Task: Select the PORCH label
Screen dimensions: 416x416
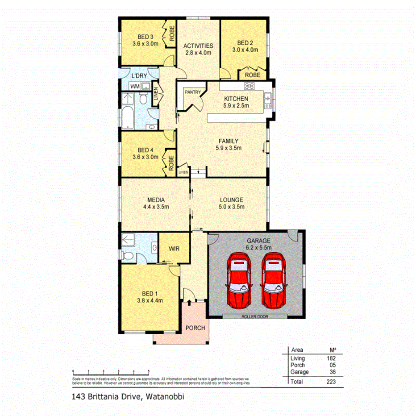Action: click(195, 328)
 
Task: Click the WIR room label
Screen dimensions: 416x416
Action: click(174, 249)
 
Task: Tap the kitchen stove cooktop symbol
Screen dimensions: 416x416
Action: click(249, 86)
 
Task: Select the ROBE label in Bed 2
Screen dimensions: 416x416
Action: click(253, 75)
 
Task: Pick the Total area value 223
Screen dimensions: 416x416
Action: click(330, 382)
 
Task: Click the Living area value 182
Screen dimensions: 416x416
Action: click(330, 358)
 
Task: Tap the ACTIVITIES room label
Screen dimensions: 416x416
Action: click(199, 46)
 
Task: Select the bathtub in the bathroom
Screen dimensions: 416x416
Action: click(127, 117)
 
